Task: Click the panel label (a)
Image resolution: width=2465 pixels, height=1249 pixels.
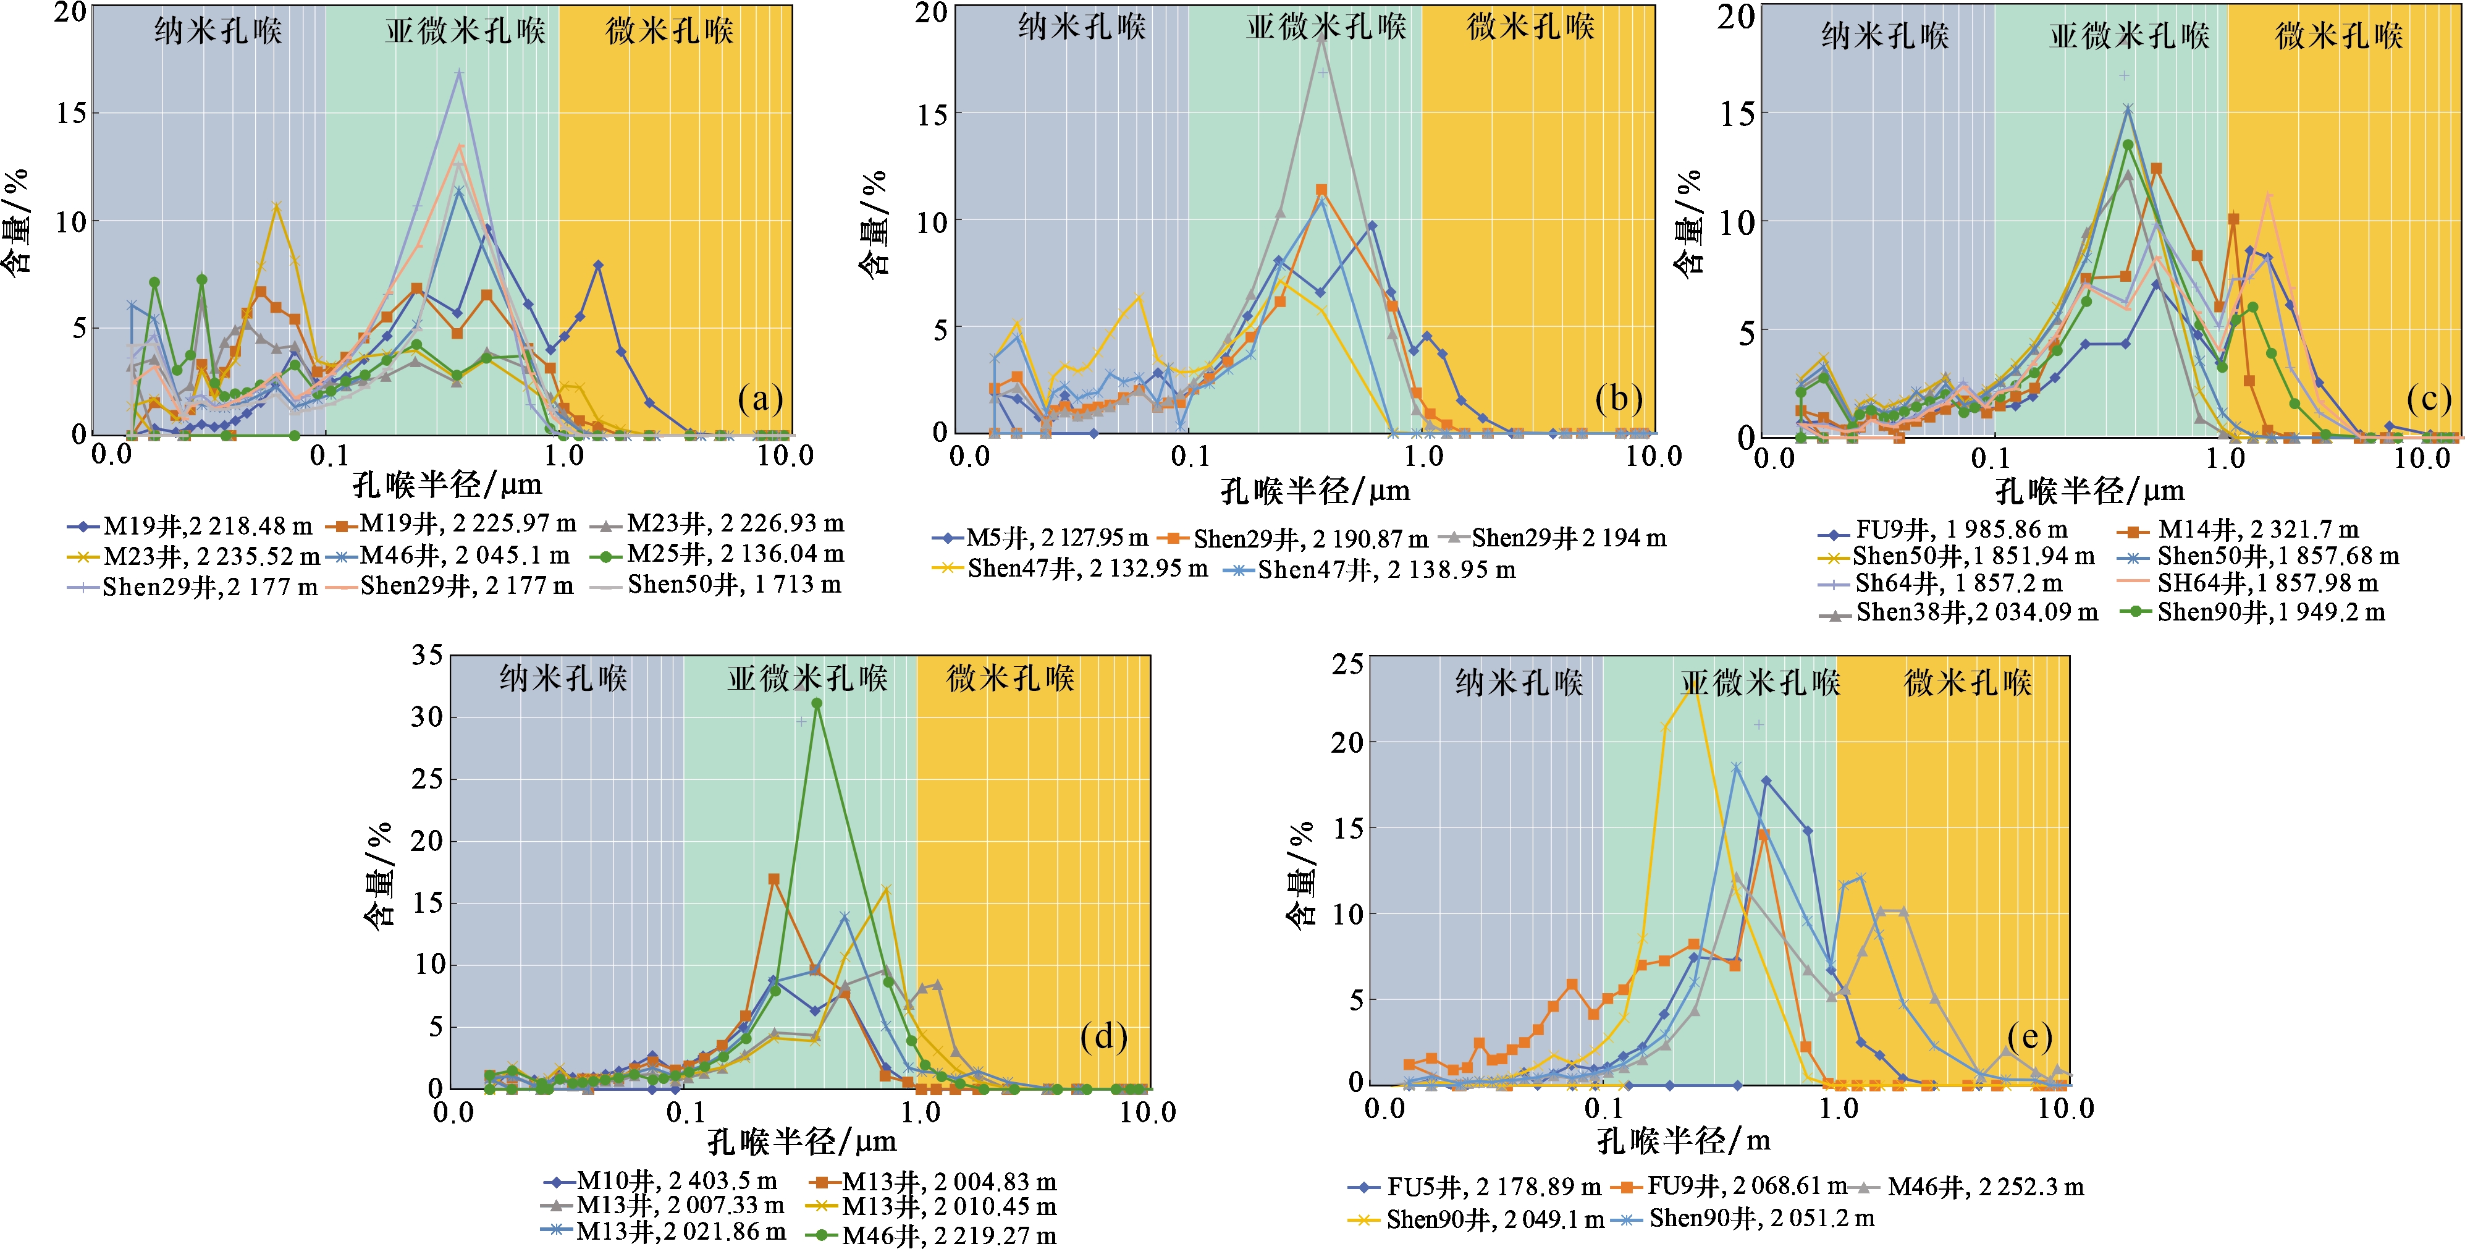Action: pyautogui.click(x=760, y=398)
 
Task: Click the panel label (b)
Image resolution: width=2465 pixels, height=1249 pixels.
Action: pyautogui.click(x=1618, y=398)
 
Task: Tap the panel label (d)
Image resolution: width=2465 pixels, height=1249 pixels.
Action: pyautogui.click(x=1103, y=1036)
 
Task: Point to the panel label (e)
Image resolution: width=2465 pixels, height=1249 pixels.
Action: pyautogui.click(x=2029, y=1036)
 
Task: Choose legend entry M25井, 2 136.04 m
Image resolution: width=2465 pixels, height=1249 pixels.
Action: pyautogui.click(x=718, y=554)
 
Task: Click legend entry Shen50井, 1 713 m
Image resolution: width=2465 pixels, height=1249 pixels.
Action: pyautogui.click(x=718, y=585)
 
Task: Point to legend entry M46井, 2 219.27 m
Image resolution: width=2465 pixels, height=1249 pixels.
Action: pyautogui.click(x=932, y=1235)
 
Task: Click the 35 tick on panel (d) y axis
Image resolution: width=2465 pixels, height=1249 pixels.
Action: pyautogui.click(x=427, y=656)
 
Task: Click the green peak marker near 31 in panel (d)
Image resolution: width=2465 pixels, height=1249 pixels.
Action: pyautogui.click(x=816, y=703)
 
